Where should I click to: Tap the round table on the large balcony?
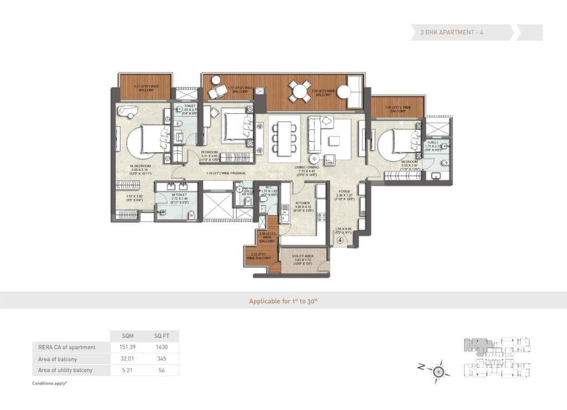[300, 91]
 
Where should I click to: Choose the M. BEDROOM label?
[141, 165]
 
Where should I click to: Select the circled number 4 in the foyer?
[341, 241]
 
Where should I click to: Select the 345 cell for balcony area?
[162, 359]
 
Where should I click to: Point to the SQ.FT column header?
[162, 336]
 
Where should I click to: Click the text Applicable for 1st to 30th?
[283, 301]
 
